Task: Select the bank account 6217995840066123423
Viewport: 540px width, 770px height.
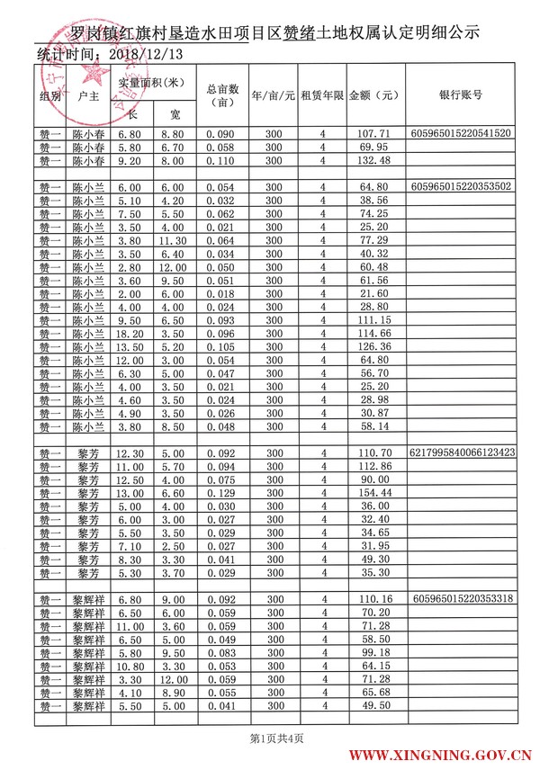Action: [x=462, y=452]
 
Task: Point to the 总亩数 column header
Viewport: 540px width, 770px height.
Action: [x=221, y=94]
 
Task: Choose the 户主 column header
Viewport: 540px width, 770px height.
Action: [x=88, y=94]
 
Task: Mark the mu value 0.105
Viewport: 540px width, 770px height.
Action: [x=219, y=346]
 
